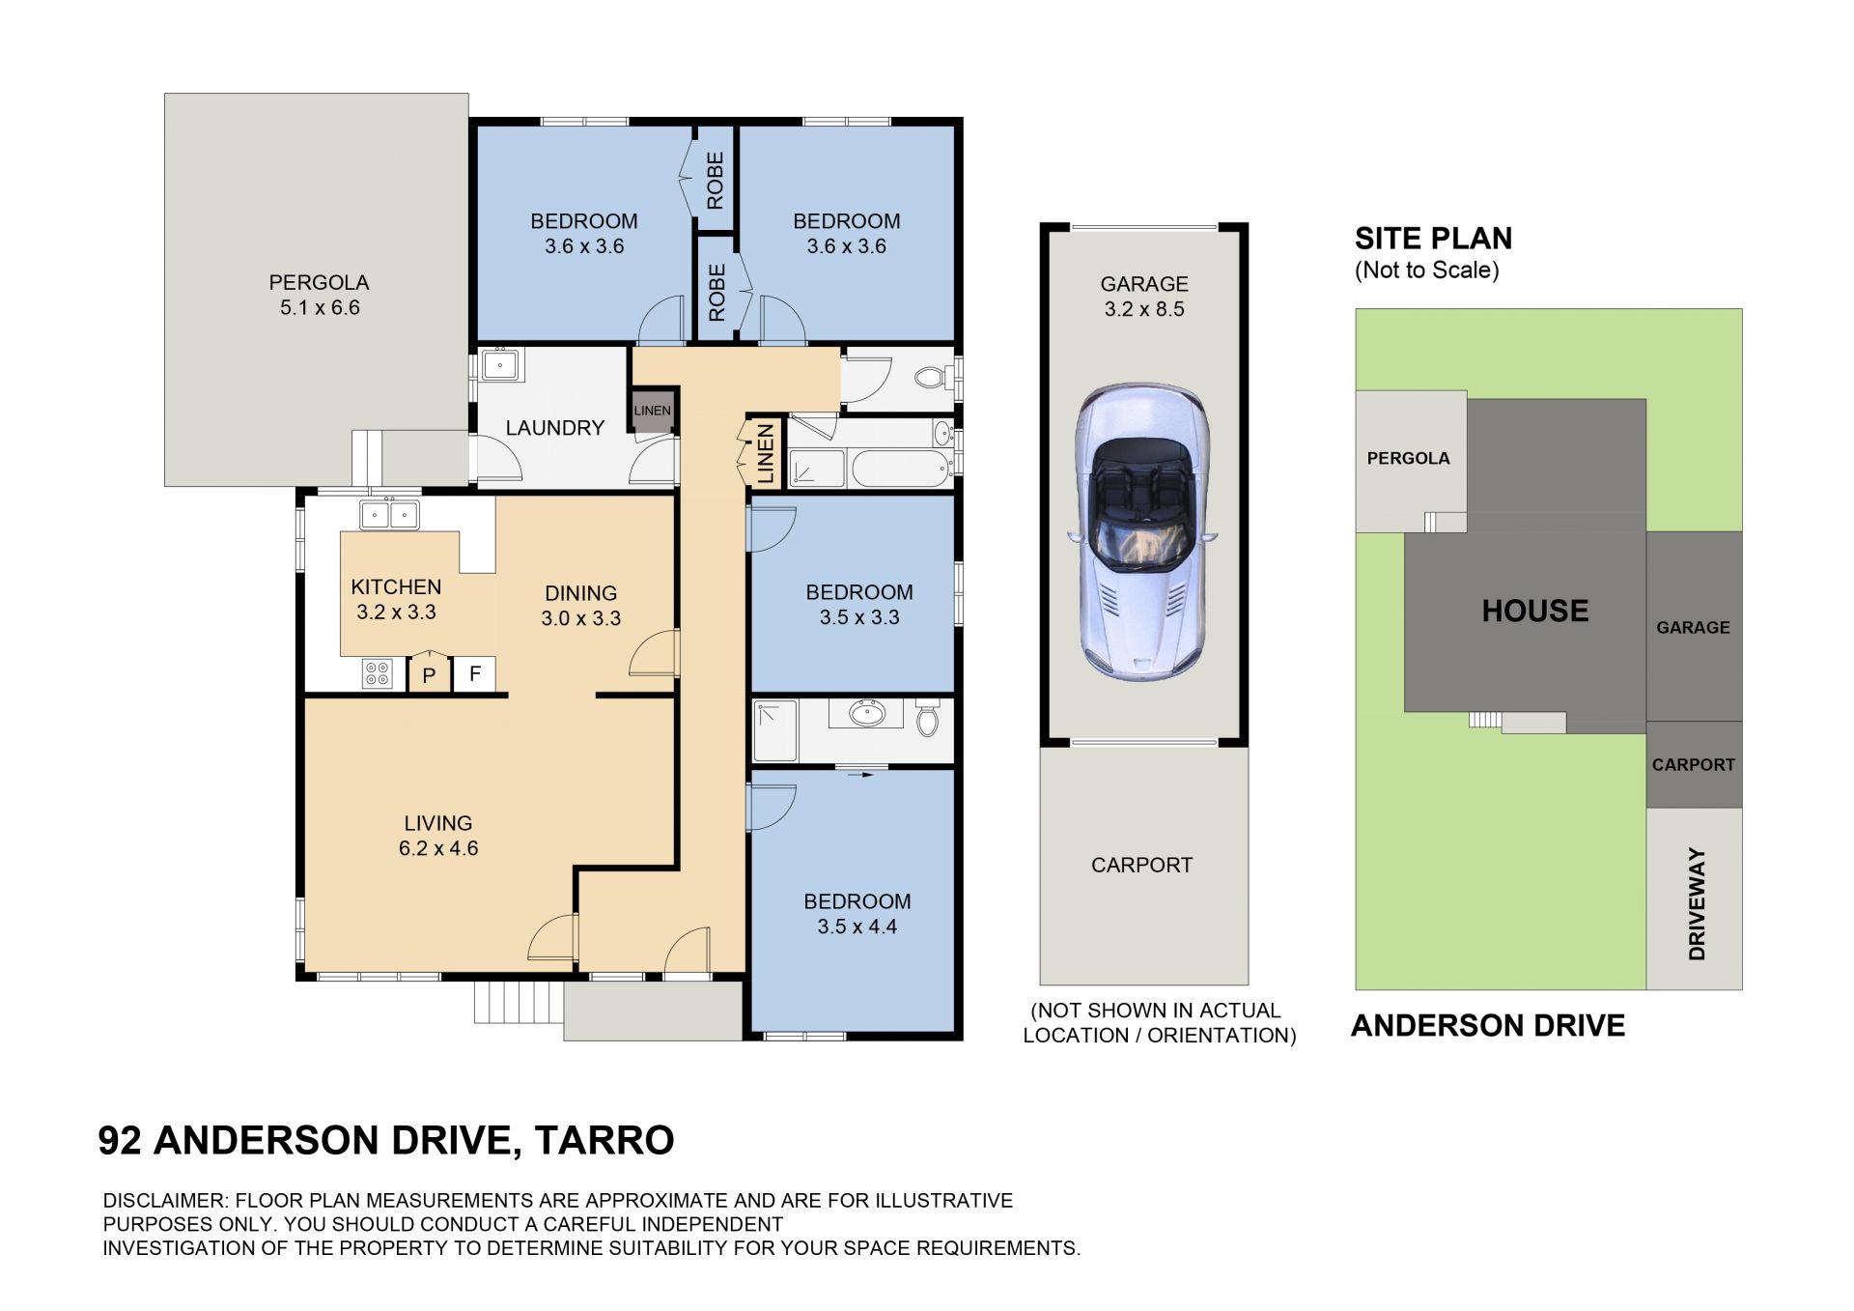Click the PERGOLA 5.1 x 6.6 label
pyautogui.click(x=319, y=295)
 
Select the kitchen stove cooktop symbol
pyautogui.click(x=377, y=672)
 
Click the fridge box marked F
pyautogui.click(x=475, y=673)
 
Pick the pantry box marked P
pyautogui.click(x=430, y=673)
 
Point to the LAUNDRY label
pyautogui.click(x=554, y=428)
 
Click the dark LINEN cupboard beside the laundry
pyautogui.click(x=652, y=411)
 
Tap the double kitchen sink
pyautogui.click(x=389, y=515)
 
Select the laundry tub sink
pyautogui.click(x=500, y=365)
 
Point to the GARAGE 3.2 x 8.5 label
pyautogui.click(x=1144, y=297)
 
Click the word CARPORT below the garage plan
pyautogui.click(x=1141, y=865)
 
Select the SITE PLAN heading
pyautogui.click(x=1433, y=238)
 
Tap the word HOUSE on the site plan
pyautogui.click(x=1535, y=611)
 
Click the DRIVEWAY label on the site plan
pyautogui.click(x=1697, y=903)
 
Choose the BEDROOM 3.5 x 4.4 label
pyautogui.click(x=857, y=914)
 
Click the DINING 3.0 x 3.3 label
pyautogui.click(x=580, y=606)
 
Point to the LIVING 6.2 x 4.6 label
pyautogui.click(x=438, y=836)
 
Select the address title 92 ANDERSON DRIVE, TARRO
pyautogui.click(x=386, y=1140)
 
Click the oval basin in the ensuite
pyautogui.click(x=866, y=714)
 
